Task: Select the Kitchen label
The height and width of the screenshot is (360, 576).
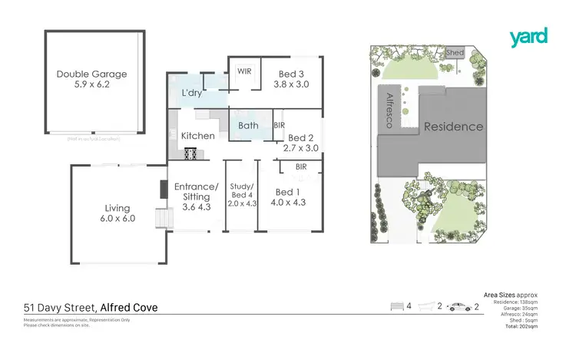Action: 197,136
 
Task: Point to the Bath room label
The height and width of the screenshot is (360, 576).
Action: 248,125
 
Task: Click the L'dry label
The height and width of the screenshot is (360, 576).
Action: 191,93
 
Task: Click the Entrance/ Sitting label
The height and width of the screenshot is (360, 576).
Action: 197,191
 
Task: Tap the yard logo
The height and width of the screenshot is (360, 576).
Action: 528,36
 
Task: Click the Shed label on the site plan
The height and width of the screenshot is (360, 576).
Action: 455,52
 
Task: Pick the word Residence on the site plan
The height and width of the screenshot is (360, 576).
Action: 453,127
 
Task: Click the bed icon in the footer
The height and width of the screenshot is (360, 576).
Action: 397,306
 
